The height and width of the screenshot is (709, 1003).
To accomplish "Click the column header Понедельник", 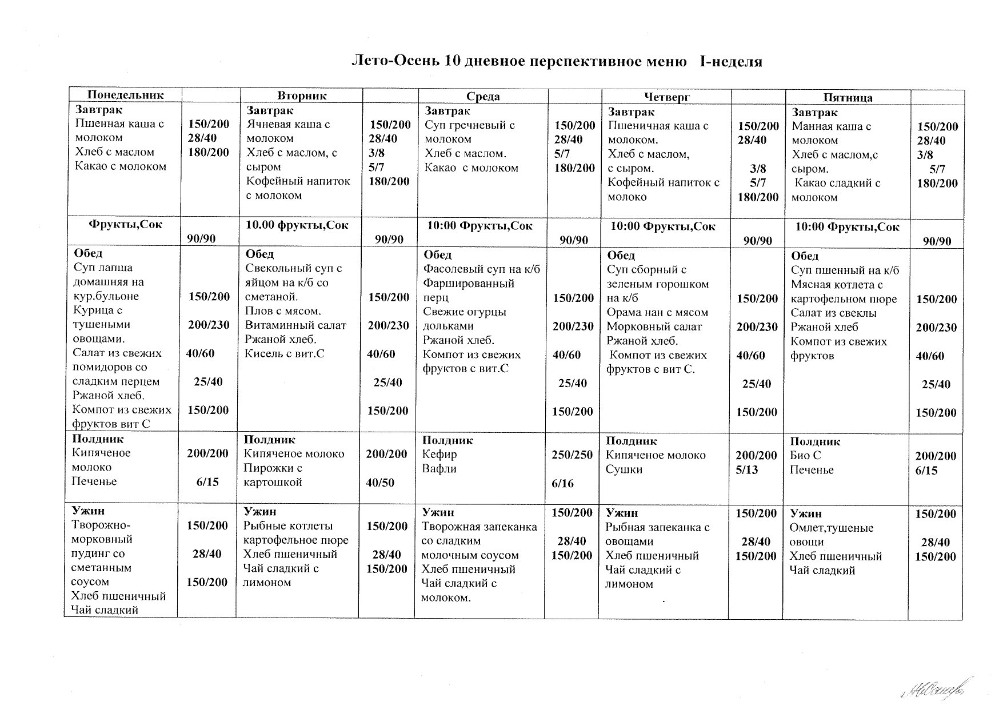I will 125,95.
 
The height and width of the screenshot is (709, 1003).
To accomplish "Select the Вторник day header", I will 302,95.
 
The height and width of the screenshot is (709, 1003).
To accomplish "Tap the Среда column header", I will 483,97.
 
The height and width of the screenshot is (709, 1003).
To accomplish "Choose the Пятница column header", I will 848,98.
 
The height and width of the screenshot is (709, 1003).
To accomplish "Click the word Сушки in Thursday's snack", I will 624,469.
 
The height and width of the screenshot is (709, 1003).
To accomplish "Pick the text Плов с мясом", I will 283,311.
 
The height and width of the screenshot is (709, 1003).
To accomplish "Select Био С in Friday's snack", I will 805,456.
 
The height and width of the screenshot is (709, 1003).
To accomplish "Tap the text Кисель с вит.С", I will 285,353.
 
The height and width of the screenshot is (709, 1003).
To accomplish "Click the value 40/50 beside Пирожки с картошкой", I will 381,483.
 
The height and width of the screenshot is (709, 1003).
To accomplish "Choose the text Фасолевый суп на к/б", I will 481,269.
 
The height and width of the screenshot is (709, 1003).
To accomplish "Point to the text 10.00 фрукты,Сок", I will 297,225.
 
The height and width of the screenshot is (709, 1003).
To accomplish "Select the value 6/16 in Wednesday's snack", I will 562,484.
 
